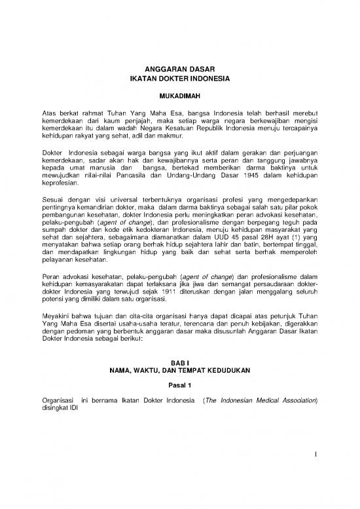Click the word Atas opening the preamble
(49, 113)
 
